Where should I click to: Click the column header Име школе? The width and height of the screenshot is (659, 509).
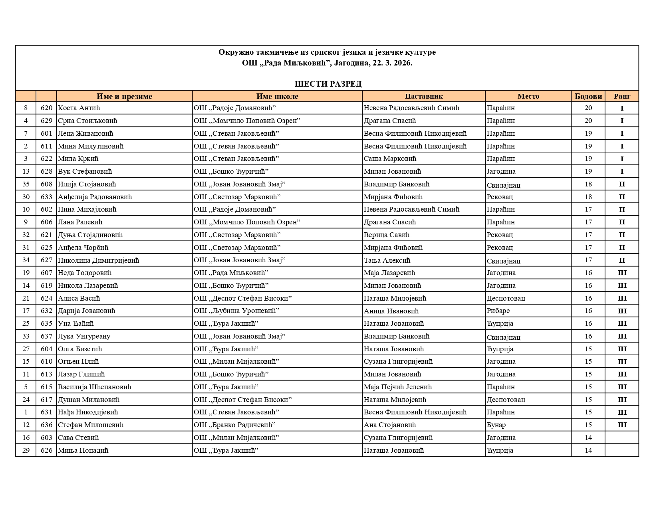277,96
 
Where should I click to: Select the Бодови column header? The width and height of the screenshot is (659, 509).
588,96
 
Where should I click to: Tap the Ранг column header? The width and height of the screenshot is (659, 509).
622,96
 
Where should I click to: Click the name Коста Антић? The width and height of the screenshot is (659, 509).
79,108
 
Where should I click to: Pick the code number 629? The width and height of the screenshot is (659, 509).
46,121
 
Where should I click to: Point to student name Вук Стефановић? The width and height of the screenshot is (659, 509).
85,171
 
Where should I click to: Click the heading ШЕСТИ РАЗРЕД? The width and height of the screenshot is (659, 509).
328,84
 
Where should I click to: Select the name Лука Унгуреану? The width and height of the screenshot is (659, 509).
84,336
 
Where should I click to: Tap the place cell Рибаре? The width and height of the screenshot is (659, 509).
498,311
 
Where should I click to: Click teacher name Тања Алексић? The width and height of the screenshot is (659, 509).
387,260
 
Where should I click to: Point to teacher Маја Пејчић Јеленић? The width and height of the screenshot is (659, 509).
397,387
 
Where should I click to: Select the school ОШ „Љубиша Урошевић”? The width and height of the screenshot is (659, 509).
236,311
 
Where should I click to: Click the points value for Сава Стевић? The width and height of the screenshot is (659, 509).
588,438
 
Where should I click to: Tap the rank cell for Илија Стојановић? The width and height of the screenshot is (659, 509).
622,184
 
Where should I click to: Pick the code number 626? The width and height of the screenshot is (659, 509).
46,450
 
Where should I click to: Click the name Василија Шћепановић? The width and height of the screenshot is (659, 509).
94,387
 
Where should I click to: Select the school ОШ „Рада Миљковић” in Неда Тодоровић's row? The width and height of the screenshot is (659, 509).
231,273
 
